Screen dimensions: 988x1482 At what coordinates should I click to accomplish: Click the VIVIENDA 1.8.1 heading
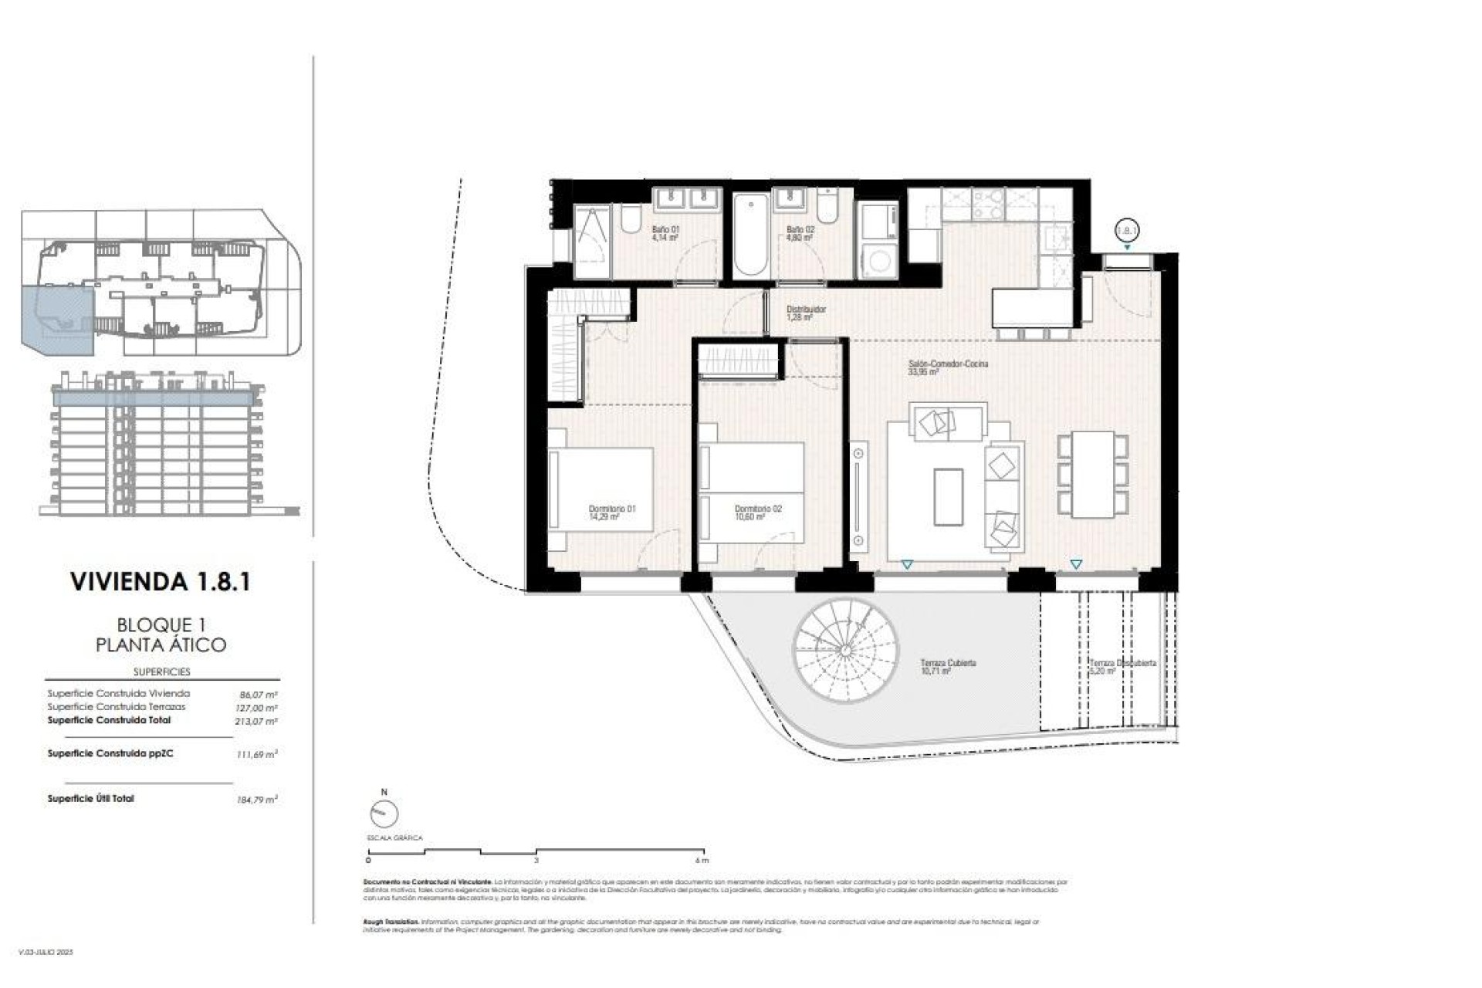pos(161,581)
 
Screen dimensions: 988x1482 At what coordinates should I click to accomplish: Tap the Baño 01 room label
pos(665,234)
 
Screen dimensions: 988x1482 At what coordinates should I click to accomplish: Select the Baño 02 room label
pos(800,234)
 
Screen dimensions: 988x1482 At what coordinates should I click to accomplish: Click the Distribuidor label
pos(806,313)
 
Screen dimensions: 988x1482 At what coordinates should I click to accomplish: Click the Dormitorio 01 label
pos(611,513)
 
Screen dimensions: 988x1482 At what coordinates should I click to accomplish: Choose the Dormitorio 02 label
pos(757,513)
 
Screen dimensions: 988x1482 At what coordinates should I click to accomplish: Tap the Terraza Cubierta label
pos(948,667)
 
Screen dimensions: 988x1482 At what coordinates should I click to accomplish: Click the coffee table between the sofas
pos(948,496)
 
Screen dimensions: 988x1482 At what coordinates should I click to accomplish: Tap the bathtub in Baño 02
pos(749,235)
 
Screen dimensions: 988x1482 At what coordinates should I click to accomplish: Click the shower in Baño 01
pos(592,241)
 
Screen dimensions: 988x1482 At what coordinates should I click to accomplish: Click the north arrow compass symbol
pos(384,812)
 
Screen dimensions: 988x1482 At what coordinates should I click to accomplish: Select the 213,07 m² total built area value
pos(256,722)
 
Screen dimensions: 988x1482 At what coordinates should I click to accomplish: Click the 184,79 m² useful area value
pos(256,800)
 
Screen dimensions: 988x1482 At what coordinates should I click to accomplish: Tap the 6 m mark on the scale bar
pos(702,860)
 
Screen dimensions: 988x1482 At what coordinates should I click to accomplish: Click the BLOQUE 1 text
pos(161,624)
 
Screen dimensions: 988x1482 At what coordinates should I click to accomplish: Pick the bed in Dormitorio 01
pos(601,499)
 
